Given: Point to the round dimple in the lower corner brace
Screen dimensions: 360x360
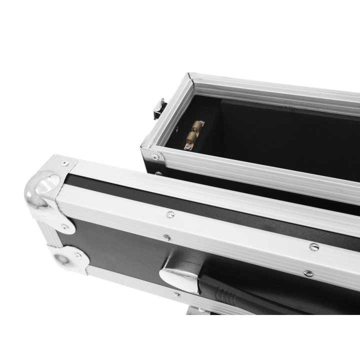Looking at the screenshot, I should click(x=61, y=259).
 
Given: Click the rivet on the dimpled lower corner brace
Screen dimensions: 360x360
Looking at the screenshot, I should click(x=77, y=255).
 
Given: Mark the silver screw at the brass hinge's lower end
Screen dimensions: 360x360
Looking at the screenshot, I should click(x=188, y=146).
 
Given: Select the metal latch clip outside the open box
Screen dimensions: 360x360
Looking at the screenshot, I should click(x=159, y=108).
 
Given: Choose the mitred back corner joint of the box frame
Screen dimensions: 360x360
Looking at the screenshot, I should click(x=190, y=77).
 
